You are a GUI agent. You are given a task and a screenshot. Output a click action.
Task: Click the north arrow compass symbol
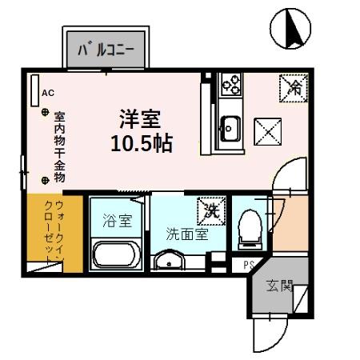coord(290,29)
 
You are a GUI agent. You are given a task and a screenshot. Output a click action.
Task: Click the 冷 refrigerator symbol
coord(290,84)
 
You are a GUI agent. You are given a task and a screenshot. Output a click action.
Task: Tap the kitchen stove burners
coord(231,82)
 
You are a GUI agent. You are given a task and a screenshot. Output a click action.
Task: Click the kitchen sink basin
coord(230,128)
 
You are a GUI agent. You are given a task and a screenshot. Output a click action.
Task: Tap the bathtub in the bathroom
coord(117,257)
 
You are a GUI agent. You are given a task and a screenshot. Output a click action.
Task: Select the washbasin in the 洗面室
coord(169,261)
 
